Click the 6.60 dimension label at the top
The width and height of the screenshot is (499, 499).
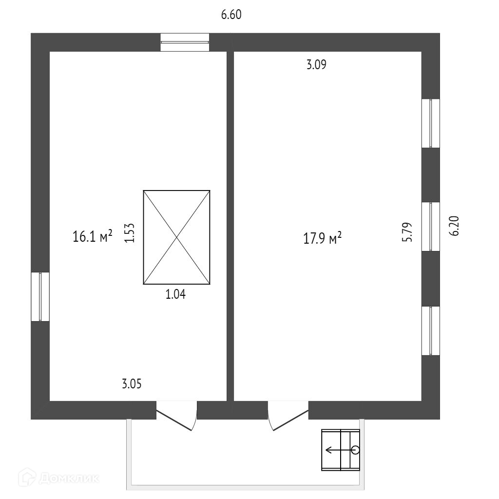click(231, 15)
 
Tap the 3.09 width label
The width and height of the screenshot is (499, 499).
click(316, 65)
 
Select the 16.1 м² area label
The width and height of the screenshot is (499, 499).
click(93, 237)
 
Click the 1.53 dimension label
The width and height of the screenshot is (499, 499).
click(129, 233)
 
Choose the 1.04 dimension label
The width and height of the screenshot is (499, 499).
click(176, 294)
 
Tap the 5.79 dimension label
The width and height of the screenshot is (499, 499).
click(407, 232)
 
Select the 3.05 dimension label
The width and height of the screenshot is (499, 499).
click(132, 384)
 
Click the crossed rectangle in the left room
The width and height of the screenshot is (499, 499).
click(176, 237)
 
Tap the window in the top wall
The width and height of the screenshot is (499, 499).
click(185, 42)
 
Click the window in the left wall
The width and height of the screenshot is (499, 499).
click(40, 296)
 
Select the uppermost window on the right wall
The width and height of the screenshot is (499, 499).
click(431, 123)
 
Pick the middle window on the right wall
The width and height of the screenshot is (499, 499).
click(431, 227)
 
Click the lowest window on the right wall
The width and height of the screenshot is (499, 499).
click(431, 330)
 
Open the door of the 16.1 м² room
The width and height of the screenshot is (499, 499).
click(176, 415)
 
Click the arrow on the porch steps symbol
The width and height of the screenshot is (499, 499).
click(336, 450)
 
